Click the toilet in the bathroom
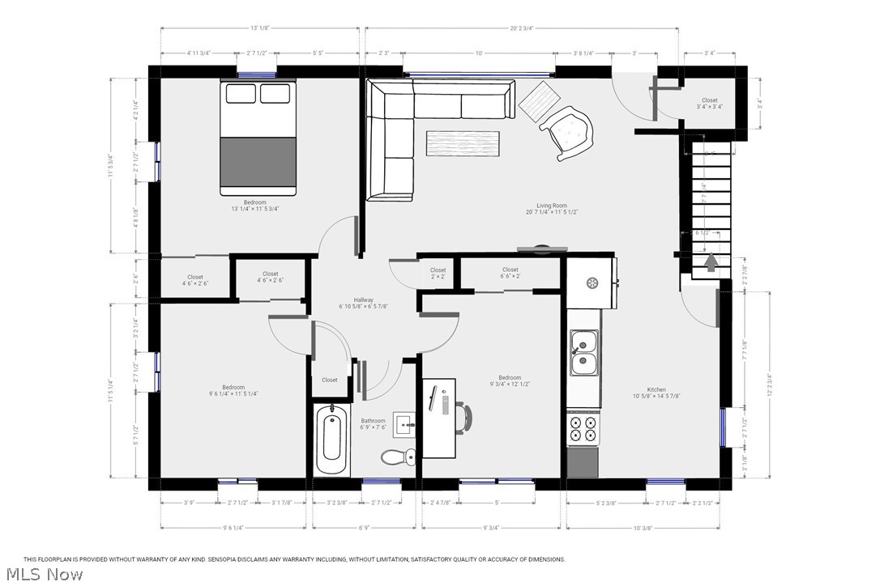click(x=393, y=457)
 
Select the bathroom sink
click(x=406, y=423)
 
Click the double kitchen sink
click(x=583, y=354)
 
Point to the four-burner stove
click(x=583, y=428)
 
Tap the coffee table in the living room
click(x=464, y=142)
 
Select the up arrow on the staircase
click(x=711, y=263)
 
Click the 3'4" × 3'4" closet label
click(x=710, y=104)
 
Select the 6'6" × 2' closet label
click(x=510, y=274)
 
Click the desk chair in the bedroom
click(x=464, y=417)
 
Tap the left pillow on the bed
click(x=240, y=94)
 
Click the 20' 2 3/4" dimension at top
click(x=521, y=28)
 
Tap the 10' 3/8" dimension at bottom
click(x=643, y=528)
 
